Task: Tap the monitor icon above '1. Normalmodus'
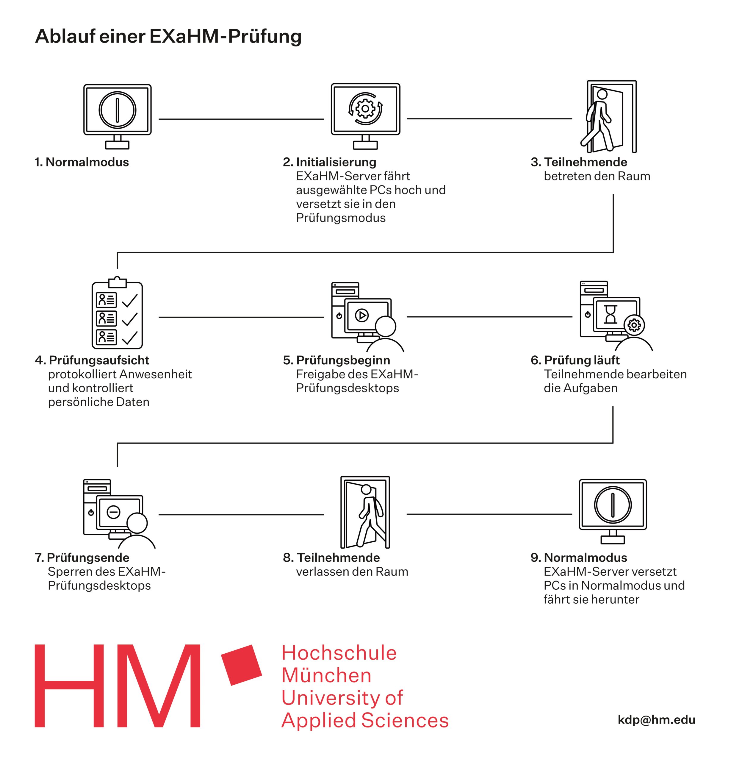[x=117, y=117]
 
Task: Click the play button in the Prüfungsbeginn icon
[x=362, y=315]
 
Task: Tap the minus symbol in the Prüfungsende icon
[x=113, y=512]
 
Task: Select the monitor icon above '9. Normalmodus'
[x=613, y=511]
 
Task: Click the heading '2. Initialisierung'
[x=330, y=162]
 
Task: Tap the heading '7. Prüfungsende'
[x=82, y=558]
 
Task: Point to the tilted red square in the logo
[x=241, y=665]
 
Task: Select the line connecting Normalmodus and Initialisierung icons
[x=241, y=119]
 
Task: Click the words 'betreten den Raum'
[x=597, y=176]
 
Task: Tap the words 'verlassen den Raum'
[x=352, y=571]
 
